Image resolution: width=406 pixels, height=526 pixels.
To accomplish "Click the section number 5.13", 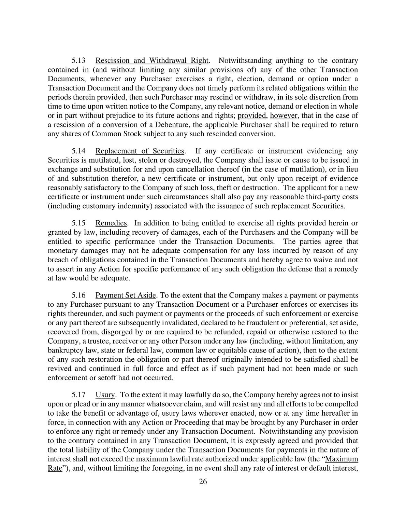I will [x=78, y=61].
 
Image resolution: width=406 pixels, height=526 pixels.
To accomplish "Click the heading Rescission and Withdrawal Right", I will [x=151, y=61].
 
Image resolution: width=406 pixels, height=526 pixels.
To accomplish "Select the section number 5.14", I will [x=78, y=151].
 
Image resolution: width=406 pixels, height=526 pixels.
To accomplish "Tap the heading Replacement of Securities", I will [x=140, y=151].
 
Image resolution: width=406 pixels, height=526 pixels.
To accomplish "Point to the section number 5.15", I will [x=78, y=223].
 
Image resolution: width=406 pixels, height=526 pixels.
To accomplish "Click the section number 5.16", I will [x=78, y=295].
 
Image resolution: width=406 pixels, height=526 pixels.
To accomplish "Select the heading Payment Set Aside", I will [x=126, y=295].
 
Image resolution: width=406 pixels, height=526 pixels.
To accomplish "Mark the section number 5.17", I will [x=78, y=395].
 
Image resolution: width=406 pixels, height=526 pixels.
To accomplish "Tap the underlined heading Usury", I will [x=105, y=395].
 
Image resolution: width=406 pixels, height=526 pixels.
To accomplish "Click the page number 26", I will [x=203, y=482].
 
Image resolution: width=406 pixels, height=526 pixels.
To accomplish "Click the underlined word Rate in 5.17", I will [x=55, y=468].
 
